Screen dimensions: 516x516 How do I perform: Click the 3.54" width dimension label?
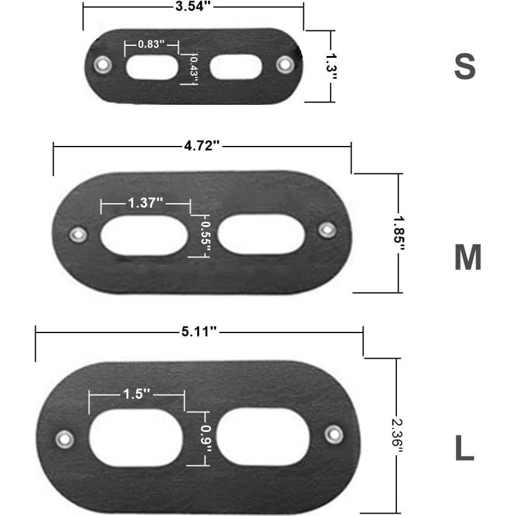coord(193,6)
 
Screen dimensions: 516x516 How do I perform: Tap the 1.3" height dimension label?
coord(331,67)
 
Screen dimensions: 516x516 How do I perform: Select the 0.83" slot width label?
coord(151,43)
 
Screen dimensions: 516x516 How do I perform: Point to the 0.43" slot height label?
coord(194,70)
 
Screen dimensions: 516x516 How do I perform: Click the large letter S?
coord(465,67)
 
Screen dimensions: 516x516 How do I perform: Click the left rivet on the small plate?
coord(102,64)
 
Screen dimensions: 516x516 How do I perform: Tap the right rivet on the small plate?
coord(285,64)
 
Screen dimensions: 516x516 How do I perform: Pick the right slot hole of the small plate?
coord(236,67)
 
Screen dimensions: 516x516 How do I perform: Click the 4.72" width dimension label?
coord(202,146)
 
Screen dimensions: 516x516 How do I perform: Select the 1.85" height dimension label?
coord(399,234)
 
